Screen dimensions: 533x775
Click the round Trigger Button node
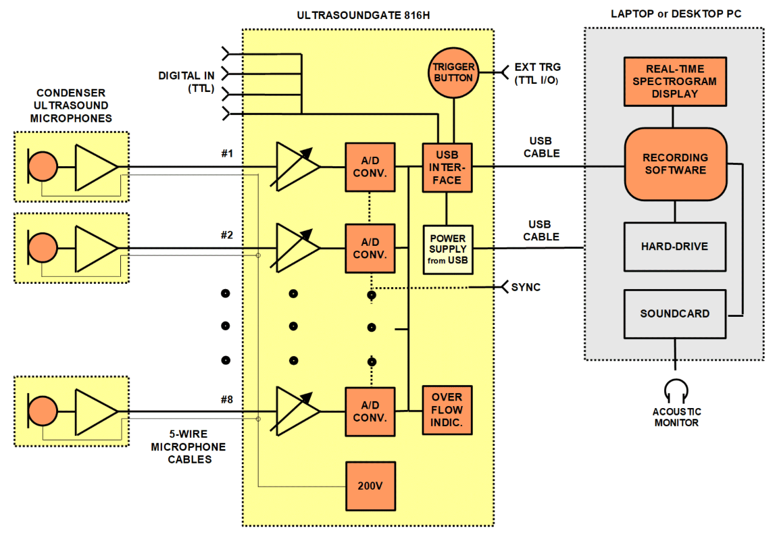[x=453, y=72]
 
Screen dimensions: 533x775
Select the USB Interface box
[x=447, y=167]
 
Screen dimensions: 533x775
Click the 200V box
[x=370, y=486]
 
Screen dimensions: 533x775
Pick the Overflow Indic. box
[x=447, y=410]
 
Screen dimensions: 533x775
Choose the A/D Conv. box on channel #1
[x=370, y=167]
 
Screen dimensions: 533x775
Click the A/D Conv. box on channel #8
[x=370, y=411]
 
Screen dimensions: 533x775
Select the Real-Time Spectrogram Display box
[x=675, y=82]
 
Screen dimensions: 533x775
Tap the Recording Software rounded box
[x=675, y=164]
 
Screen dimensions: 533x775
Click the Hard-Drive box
[x=675, y=247]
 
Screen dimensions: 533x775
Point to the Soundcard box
[x=675, y=313]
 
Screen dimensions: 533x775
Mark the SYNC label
[x=526, y=287]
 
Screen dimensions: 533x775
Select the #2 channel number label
[x=226, y=235]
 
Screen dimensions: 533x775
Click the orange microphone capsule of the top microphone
[x=44, y=166]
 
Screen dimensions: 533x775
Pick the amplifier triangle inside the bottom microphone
[x=95, y=411]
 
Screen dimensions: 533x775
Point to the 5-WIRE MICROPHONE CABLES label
[x=189, y=447]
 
